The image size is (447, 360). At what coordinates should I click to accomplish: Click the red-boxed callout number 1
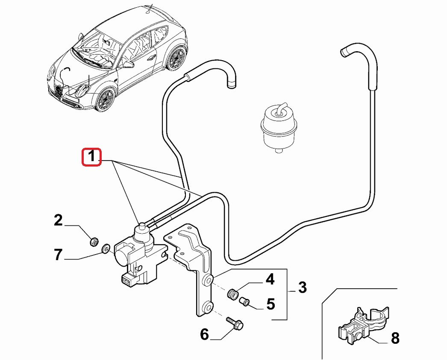tap(91, 157)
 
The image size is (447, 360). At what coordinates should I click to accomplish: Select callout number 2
tap(58, 220)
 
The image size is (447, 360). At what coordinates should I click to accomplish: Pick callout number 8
tap(394, 339)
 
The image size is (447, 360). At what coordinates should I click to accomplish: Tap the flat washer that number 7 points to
tap(105, 248)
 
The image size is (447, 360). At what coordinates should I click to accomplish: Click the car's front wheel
tap(106, 99)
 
